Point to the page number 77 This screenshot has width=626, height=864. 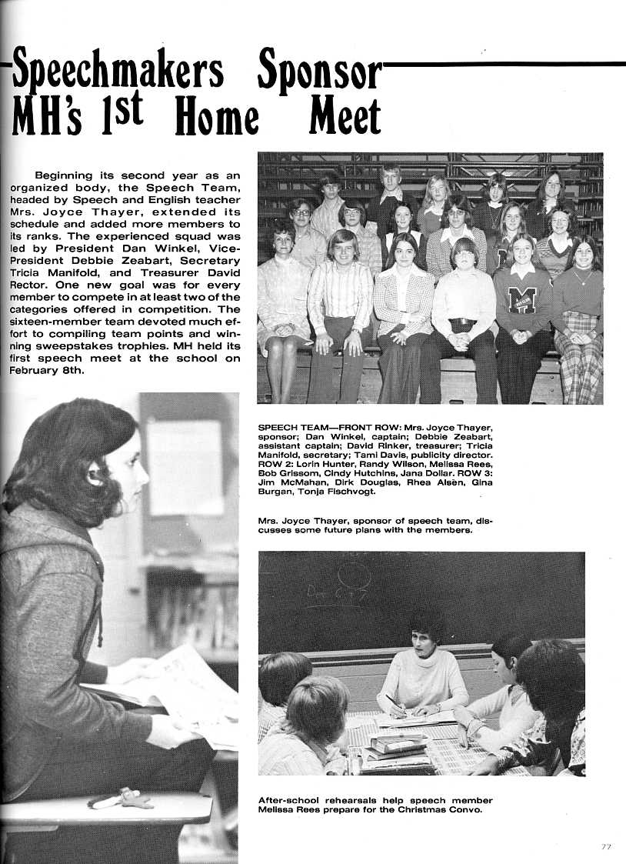[x=606, y=846]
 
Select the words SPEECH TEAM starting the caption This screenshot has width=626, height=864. [x=292, y=427]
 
